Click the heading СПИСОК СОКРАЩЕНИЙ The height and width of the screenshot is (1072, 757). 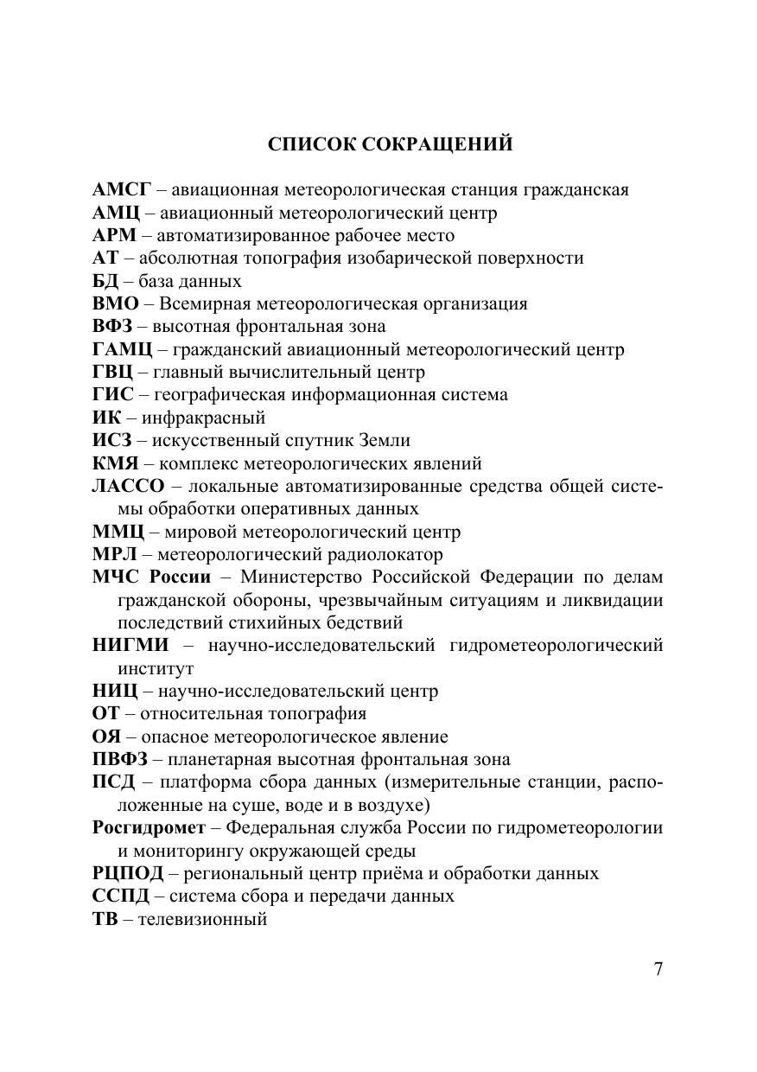(390, 144)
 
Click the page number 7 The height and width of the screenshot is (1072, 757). (658, 969)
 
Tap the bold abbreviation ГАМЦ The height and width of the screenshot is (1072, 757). (122, 350)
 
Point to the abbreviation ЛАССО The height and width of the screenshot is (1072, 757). (128, 487)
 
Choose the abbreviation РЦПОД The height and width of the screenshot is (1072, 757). (128, 874)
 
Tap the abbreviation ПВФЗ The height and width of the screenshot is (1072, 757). (120, 760)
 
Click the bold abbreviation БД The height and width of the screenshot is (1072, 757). (105, 282)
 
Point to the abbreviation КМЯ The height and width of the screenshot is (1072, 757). (114, 464)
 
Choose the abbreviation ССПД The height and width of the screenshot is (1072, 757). (121, 897)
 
